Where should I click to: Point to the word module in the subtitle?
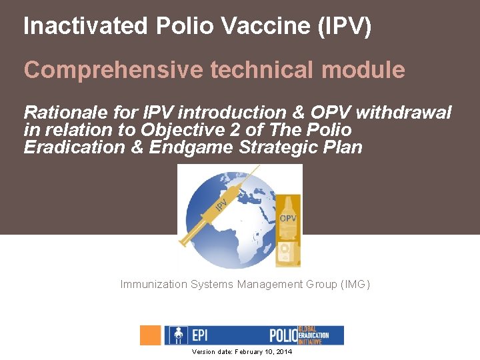click(369, 70)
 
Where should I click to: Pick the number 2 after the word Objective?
click(206, 129)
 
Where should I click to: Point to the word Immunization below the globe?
click(154, 285)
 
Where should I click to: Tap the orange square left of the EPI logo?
click(151, 335)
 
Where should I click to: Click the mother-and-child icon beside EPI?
click(177, 335)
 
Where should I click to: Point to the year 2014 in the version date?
click(283, 351)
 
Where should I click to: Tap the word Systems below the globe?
click(212, 285)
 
